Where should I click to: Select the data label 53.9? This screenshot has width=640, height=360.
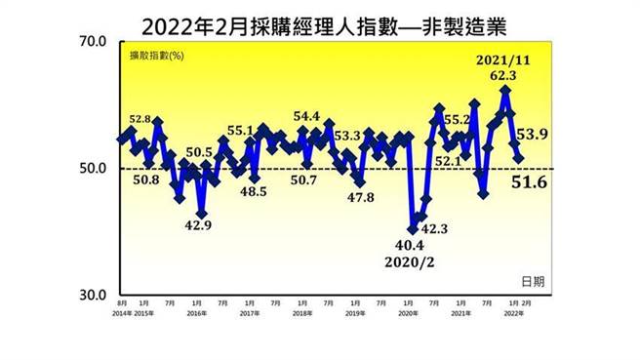point(535,134)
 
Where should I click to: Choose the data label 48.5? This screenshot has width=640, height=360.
point(253,192)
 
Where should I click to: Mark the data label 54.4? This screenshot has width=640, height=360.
point(306,117)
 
